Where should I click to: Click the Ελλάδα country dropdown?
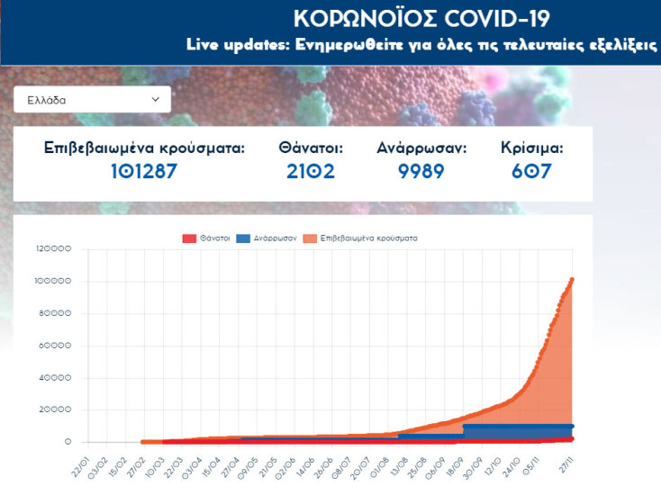92,100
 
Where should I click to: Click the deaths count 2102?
311,171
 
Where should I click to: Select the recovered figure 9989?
421,171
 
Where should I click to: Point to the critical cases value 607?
531,171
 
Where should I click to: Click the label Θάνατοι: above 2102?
311,148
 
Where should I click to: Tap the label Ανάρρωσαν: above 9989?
421,148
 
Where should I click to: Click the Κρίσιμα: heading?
531,148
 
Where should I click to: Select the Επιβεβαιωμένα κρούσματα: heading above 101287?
145,148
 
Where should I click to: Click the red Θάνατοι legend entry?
205,238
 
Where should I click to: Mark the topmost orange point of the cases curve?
572,280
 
